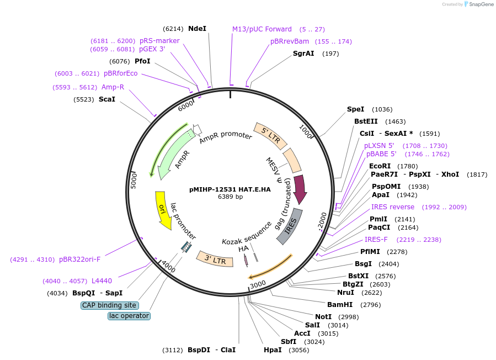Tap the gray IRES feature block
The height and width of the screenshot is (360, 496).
coord(290,226)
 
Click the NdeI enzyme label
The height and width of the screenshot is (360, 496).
coord(197,28)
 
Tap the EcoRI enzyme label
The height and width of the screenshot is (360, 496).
coord(380,166)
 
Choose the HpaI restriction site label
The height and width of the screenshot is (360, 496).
coord(273,350)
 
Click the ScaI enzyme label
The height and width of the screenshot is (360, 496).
coord(107,99)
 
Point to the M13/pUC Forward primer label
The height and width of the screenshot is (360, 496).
coord(262,29)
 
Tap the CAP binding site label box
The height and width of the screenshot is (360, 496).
coord(109,305)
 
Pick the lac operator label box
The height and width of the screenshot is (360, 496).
coord(129,316)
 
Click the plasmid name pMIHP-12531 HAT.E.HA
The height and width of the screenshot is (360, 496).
coord(230,189)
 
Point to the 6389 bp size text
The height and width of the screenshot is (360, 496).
coord(230,197)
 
